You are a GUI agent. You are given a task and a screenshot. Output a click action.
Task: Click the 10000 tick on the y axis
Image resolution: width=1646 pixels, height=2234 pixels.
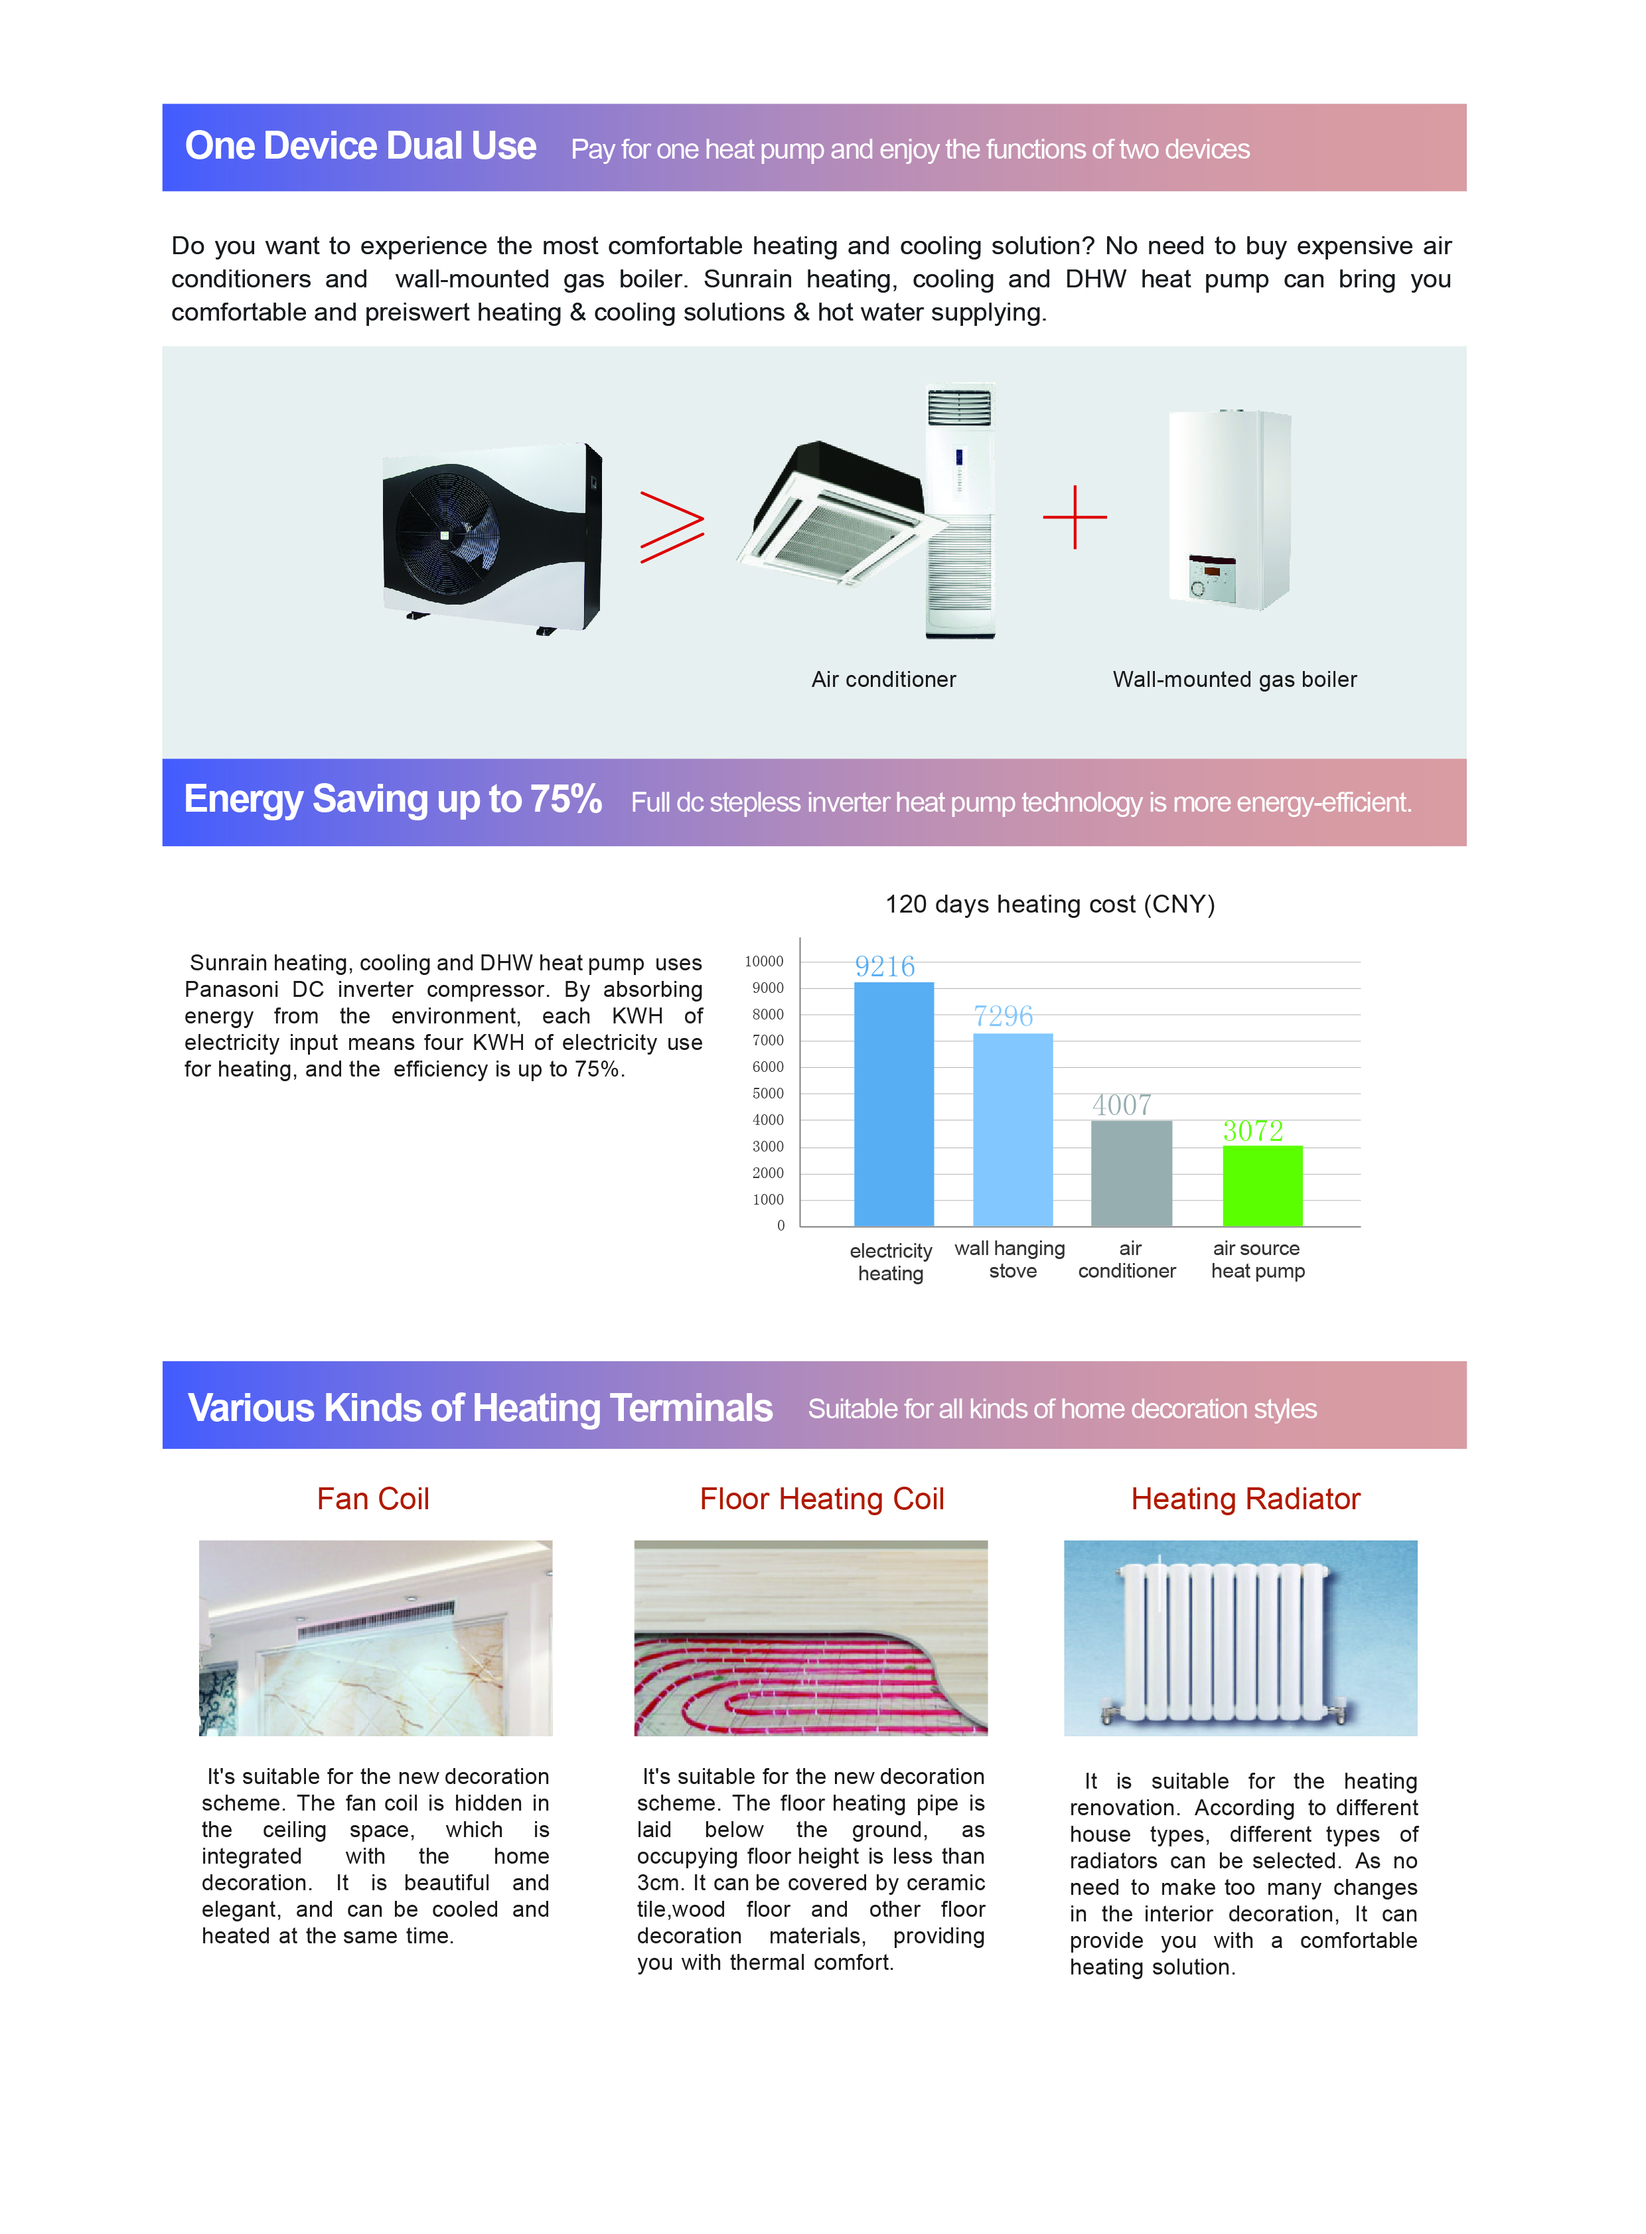763,962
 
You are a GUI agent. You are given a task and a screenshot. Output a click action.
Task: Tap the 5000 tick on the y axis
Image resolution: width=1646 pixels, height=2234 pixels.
767,1093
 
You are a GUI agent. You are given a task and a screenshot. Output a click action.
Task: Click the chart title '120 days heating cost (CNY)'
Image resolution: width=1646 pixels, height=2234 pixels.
1049,904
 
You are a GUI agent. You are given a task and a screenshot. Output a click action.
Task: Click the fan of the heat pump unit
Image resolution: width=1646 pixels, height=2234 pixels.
445,535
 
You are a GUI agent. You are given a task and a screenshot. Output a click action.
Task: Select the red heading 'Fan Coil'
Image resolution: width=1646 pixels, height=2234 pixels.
372,1499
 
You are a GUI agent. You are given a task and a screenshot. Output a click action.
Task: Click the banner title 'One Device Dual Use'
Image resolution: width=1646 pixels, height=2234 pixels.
360,147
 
